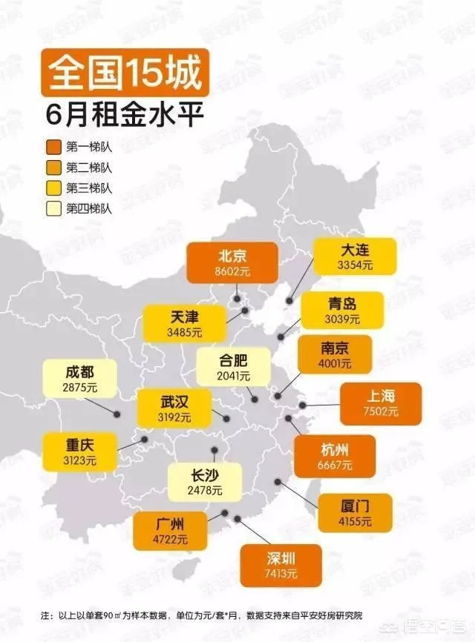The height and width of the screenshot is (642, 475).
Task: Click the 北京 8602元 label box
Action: [232, 262]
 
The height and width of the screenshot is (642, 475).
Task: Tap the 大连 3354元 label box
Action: [354, 256]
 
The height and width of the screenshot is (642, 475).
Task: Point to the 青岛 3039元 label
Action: [342, 310]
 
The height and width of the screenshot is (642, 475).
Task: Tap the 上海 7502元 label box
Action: [381, 403]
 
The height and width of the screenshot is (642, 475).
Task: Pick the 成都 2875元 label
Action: [79, 377]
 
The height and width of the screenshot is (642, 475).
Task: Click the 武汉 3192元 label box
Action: [174, 408]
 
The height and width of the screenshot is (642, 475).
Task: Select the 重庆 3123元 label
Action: [79, 451]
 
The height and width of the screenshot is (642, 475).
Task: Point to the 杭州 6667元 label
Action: [335, 455]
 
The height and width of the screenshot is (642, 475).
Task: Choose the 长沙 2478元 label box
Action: [205, 480]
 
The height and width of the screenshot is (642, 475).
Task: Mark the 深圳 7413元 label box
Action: [281, 565]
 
